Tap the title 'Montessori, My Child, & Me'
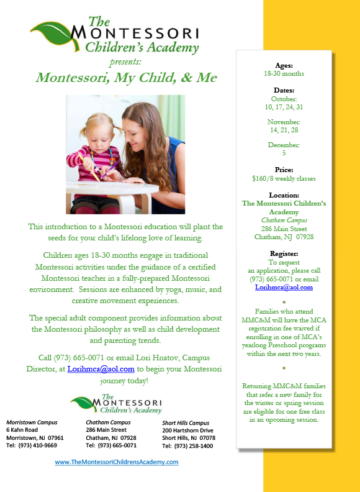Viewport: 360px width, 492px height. [126, 78]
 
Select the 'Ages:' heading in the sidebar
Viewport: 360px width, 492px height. [284, 65]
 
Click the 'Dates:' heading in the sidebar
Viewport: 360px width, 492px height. [284, 90]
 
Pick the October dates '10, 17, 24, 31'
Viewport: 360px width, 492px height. [284, 107]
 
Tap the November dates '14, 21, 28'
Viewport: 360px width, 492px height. [284, 130]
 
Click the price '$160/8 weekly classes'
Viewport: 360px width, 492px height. [284, 178]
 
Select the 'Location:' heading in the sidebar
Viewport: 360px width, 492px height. [284, 195]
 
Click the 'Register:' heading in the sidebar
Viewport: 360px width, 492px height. [284, 253]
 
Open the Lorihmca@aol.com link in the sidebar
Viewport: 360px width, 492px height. [284, 288]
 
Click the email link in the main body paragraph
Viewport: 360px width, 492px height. [101, 368]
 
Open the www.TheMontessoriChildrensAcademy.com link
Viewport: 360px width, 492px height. [116, 462]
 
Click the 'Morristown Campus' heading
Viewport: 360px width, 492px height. [32, 422]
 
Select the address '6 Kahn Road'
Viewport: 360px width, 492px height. [22, 430]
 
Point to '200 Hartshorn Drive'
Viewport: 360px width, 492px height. [187, 430]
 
